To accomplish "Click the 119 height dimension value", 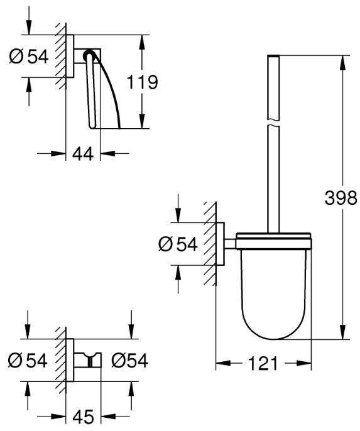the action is click(143, 82).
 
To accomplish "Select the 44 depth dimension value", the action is click(83, 153).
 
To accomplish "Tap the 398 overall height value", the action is click(341, 198).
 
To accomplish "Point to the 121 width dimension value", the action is click(263, 363).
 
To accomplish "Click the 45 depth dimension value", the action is click(83, 417).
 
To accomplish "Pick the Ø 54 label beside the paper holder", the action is click(29, 57).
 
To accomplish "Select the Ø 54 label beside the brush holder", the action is click(178, 244).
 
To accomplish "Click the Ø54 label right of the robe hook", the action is click(129, 361).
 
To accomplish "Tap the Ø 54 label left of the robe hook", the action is click(28, 361).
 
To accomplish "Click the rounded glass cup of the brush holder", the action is click(273, 294).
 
